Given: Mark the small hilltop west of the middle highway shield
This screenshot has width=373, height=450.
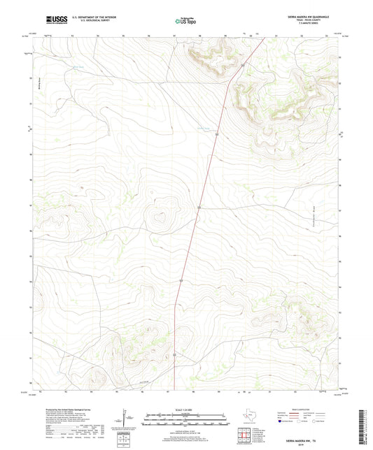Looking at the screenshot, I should coord(160,216).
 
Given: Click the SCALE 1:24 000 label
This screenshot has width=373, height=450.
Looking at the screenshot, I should coord(187,409).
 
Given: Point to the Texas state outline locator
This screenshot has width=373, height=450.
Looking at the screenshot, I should coord(249,417).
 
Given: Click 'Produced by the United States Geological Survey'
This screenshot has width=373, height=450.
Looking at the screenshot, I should coord(67,409).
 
